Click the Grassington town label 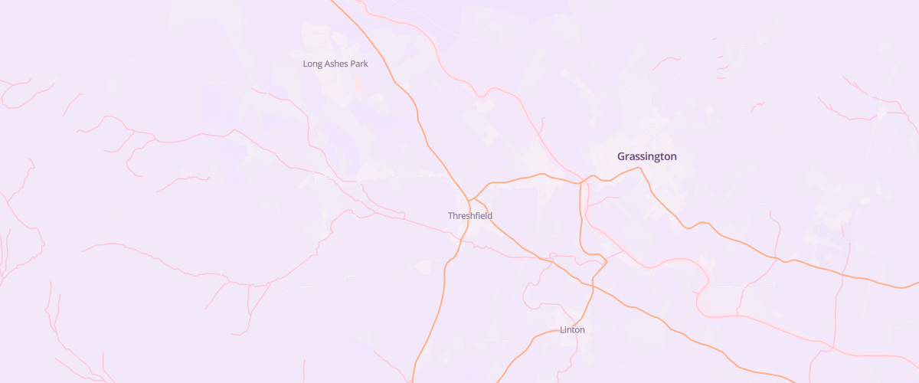point(647,156)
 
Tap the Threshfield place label point(470,216)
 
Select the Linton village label point(573,330)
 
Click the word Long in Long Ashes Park point(313,64)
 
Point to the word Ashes point(337,64)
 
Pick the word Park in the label point(359,64)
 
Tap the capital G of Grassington point(622,156)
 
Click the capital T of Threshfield point(450,216)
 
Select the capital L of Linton point(562,330)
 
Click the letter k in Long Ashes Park point(366,64)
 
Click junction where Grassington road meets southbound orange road point(581,183)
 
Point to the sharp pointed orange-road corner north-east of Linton point(607,262)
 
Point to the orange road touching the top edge point(335,2)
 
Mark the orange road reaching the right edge point(916,285)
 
